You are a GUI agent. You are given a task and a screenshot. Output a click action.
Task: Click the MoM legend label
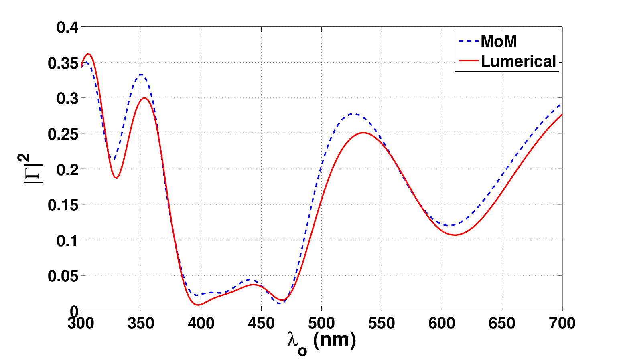click(499, 42)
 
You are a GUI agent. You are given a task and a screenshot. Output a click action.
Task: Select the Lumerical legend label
click(518, 61)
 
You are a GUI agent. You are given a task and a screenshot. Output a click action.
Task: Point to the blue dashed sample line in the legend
click(469, 41)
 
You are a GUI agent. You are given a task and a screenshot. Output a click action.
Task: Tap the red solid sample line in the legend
click(469, 61)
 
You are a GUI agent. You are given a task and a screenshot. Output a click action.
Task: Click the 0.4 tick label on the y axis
click(67, 28)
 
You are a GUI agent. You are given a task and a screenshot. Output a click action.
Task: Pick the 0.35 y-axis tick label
click(63, 63)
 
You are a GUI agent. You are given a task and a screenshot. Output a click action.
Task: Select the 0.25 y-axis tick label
click(63, 134)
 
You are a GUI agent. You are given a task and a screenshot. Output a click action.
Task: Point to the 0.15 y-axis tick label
click(63, 205)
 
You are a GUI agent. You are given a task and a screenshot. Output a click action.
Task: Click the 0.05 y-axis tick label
click(63, 276)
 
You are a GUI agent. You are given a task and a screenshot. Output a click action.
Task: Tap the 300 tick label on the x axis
click(81, 324)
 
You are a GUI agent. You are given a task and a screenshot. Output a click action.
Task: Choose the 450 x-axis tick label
click(261, 324)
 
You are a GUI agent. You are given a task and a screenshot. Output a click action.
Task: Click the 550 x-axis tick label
click(382, 324)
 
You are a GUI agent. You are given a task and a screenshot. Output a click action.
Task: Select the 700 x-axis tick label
click(562, 324)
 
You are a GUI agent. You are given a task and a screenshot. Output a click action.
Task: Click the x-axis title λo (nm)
click(322, 342)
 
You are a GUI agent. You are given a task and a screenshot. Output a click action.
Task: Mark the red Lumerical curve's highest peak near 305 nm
click(88, 53)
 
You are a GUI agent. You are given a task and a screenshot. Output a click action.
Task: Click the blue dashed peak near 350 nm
click(141, 75)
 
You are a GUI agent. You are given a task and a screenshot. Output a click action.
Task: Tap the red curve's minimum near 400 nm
click(198, 305)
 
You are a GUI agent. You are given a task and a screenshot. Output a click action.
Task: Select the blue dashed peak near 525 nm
click(352, 113)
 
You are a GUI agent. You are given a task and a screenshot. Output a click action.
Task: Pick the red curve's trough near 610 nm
click(455, 235)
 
